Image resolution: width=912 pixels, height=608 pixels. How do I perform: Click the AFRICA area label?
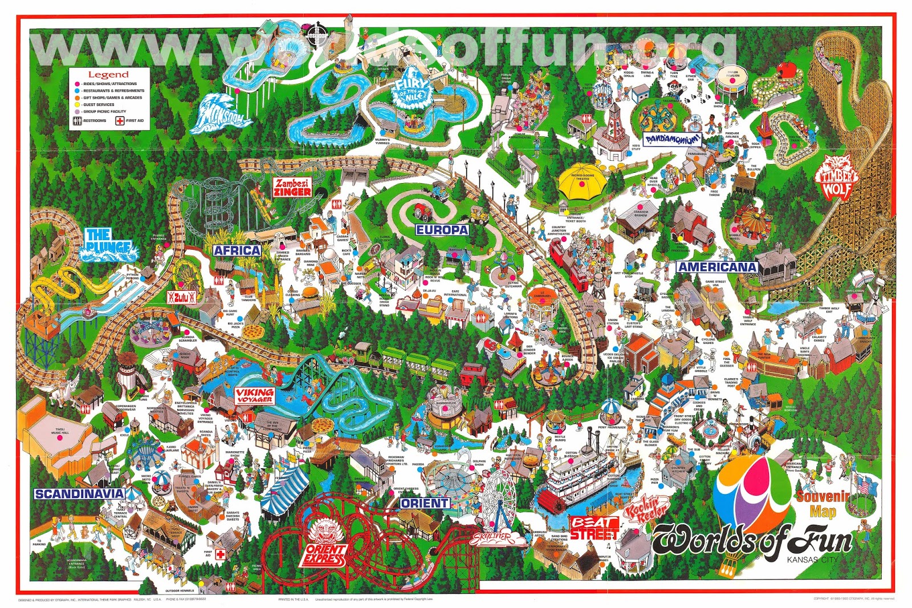click(237, 250)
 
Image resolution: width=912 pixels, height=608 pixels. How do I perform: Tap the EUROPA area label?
click(442, 230)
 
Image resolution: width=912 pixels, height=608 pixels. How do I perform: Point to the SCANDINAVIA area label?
click(79, 494)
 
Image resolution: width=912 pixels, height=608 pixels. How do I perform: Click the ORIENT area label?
click(424, 503)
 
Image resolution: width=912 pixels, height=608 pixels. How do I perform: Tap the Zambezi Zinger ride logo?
click(292, 188)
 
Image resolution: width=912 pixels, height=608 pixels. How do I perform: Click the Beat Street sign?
click(595, 528)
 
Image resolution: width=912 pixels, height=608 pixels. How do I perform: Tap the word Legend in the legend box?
click(108, 74)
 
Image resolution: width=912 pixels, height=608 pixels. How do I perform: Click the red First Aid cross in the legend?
click(120, 120)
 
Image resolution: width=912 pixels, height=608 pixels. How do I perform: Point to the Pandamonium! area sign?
click(673, 139)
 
